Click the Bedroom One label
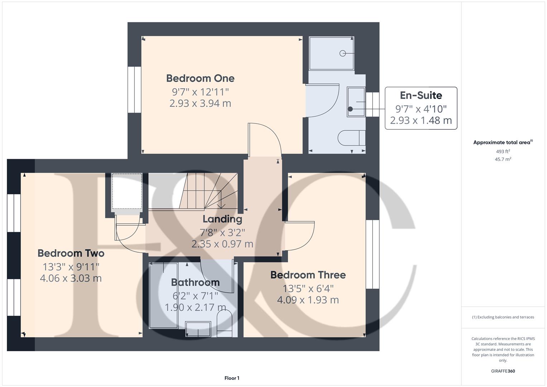(x=200, y=78)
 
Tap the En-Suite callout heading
(x=421, y=95)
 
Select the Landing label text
(x=222, y=219)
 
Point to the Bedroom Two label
(x=71, y=253)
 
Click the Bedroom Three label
(x=308, y=275)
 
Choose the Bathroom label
(x=195, y=282)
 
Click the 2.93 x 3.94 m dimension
(x=200, y=104)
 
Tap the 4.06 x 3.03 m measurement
(x=71, y=278)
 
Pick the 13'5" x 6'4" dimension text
(x=308, y=288)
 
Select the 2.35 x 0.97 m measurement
(x=222, y=244)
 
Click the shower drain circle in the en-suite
(x=342, y=53)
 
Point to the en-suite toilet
(x=351, y=138)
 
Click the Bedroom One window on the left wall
(x=135, y=90)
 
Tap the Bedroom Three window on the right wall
(x=373, y=254)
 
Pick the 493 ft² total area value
(x=503, y=152)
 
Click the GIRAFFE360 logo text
(x=503, y=371)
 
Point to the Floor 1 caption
(x=232, y=378)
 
